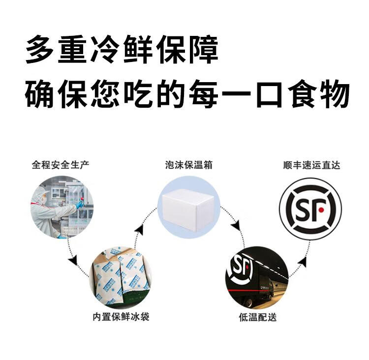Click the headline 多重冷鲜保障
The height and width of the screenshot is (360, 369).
pyautogui.click(x=122, y=50)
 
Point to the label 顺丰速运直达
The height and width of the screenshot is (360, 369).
pyautogui.click(x=311, y=165)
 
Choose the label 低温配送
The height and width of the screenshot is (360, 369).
pyautogui.click(x=257, y=317)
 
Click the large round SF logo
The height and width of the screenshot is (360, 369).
pyautogui.click(x=310, y=209)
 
